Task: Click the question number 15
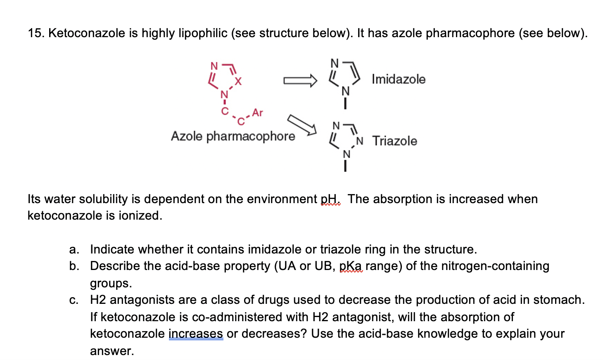[36, 33]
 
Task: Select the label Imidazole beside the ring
[398, 79]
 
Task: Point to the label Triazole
[394, 141]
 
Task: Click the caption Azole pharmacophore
[233, 136]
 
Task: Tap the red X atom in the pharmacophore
[238, 81]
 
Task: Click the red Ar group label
[257, 112]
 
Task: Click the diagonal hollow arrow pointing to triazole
[302, 125]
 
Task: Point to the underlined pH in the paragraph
[330, 199]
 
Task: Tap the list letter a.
[74, 249]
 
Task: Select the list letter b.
[74, 266]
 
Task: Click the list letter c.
[74, 300]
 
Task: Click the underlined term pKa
[351, 266]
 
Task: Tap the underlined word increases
[196, 334]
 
